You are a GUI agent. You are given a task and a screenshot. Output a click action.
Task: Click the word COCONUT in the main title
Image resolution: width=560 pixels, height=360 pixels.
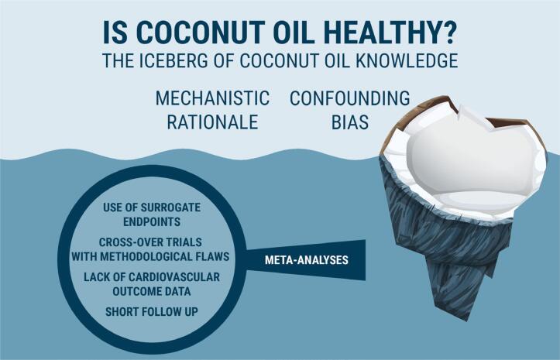click(200, 33)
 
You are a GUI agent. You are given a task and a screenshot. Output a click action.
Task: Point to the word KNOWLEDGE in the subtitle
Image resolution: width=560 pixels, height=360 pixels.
click(407, 60)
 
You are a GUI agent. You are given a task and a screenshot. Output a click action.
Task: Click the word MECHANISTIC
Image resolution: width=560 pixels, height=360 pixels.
click(212, 98)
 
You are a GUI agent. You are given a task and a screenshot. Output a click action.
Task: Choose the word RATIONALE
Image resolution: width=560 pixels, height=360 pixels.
click(212, 122)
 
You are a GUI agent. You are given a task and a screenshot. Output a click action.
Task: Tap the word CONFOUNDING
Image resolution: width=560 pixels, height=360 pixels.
click(349, 98)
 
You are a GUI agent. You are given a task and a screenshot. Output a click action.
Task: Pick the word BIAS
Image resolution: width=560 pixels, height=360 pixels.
click(350, 122)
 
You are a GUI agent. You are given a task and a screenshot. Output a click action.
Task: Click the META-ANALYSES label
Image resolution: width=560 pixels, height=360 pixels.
click(307, 259)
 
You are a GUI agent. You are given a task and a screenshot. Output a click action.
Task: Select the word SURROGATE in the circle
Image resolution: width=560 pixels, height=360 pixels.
click(170, 207)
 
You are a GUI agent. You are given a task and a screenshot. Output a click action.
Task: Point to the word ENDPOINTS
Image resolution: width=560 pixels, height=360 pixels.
click(152, 221)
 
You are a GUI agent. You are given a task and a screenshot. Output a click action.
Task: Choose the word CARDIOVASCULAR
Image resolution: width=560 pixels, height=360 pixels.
click(174, 277)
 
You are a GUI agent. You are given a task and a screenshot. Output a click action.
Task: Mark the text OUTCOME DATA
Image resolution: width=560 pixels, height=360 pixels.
click(152, 291)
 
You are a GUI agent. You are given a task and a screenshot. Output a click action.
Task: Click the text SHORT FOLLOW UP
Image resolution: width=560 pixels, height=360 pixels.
click(152, 311)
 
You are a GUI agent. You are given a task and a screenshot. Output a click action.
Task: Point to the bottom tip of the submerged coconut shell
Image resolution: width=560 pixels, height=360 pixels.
click(466, 321)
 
